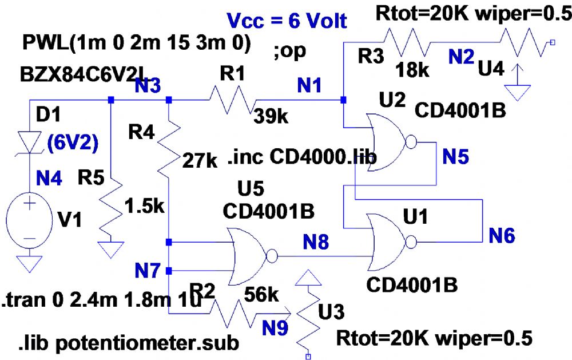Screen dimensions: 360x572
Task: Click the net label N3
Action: (x=148, y=86)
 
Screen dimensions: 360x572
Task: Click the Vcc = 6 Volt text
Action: (x=287, y=21)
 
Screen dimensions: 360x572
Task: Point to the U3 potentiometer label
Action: (x=330, y=313)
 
